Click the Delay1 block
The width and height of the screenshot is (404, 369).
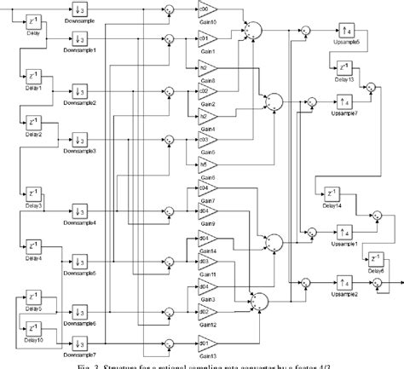(x=34, y=74)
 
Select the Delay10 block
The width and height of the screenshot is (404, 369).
(x=34, y=326)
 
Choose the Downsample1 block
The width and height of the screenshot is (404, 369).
(x=79, y=38)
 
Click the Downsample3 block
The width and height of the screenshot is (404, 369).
(x=79, y=139)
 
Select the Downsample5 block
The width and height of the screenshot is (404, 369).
(x=79, y=261)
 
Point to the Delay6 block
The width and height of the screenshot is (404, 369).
(x=376, y=259)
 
